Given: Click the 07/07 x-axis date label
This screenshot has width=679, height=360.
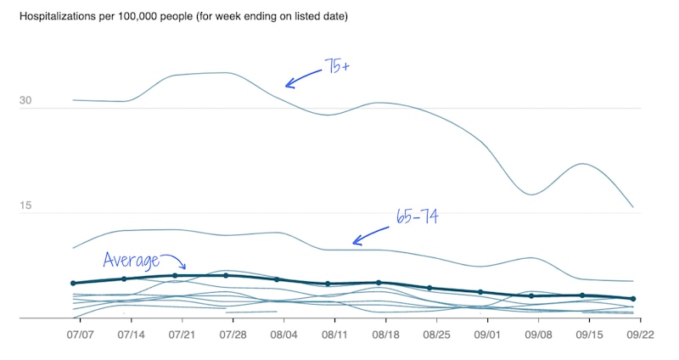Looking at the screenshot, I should [x=80, y=335].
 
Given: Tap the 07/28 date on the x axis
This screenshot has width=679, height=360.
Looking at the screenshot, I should [x=233, y=335].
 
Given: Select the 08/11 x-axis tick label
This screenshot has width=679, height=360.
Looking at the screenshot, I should [x=334, y=335].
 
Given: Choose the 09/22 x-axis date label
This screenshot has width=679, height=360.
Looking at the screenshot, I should [x=640, y=335].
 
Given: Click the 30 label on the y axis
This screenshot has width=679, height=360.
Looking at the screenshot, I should [x=25, y=102].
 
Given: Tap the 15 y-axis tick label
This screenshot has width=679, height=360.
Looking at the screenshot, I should [x=25, y=206].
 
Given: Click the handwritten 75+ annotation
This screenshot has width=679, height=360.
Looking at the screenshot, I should [x=336, y=66].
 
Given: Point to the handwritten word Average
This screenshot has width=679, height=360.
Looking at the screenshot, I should [x=130, y=260].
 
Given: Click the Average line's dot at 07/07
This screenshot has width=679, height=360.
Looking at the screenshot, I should [x=74, y=283].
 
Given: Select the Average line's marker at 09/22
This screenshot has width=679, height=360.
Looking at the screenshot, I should [x=633, y=299].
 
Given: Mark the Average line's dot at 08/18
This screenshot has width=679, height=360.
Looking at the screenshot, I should [x=379, y=283].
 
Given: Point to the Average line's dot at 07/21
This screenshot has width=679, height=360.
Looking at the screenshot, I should [x=175, y=276].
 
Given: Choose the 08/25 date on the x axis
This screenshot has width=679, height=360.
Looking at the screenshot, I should [x=436, y=335].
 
